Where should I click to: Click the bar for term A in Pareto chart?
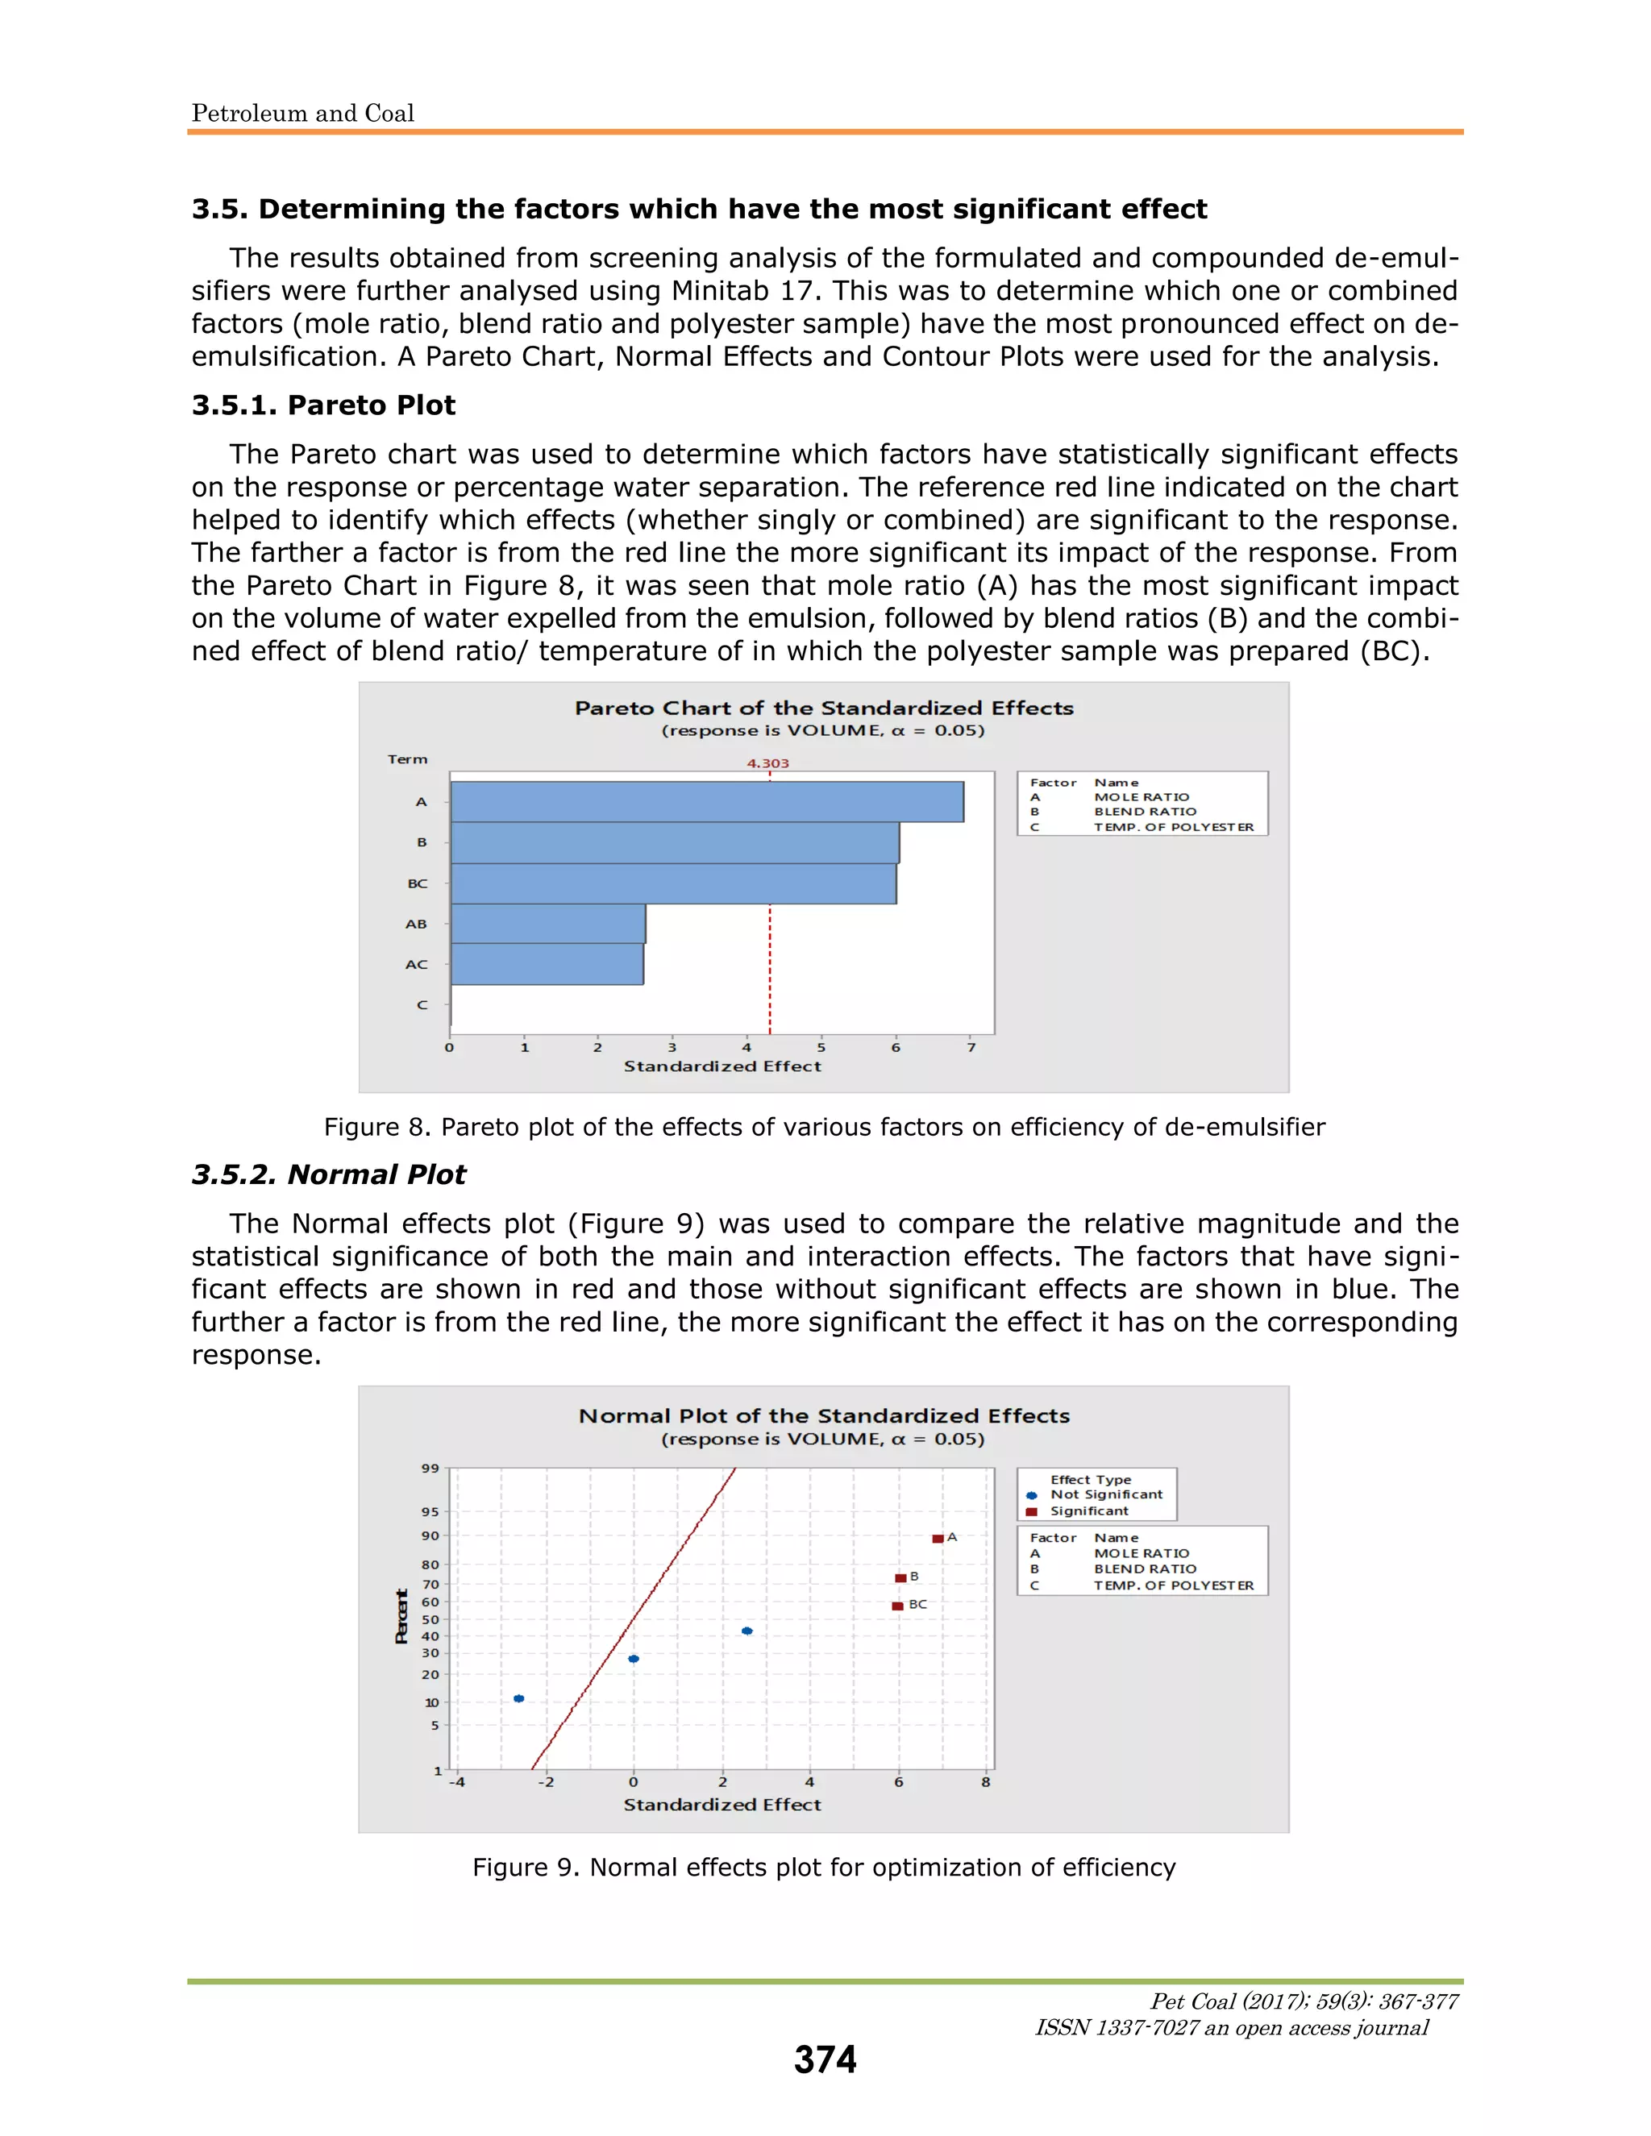[706, 801]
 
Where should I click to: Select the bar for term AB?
[547, 923]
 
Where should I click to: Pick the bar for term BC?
[673, 883]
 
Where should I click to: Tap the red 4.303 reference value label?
[767, 763]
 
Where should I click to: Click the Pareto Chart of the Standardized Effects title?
[824, 708]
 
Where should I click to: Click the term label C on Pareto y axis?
[422, 1004]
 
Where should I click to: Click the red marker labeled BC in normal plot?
[897, 1606]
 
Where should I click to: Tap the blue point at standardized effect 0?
[634, 1659]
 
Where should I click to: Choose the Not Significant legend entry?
[1105, 1494]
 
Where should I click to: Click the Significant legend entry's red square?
[1031, 1511]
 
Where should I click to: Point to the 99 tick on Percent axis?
[430, 1468]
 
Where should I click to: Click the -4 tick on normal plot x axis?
[457, 1782]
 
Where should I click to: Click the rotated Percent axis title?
[401, 1617]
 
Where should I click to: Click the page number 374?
[825, 2059]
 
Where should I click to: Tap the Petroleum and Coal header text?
[303, 114]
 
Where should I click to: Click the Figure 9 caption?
[824, 1867]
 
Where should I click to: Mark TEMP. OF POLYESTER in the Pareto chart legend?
[1173, 826]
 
